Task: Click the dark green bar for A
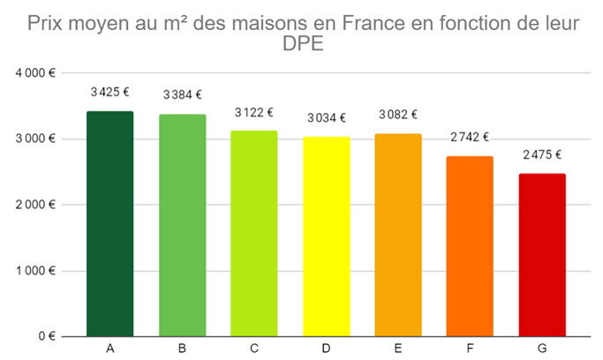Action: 110,224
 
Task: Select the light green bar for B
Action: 182,226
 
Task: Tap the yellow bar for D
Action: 326,236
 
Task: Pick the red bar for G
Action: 542,255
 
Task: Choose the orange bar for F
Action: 470,246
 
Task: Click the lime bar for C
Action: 254,234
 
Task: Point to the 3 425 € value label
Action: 110,91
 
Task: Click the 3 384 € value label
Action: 182,94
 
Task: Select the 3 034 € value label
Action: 326,117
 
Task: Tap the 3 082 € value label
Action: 398,114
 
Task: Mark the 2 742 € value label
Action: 470,137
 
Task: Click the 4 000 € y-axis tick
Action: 36,73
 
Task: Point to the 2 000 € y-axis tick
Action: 36,205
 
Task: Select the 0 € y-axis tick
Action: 46,336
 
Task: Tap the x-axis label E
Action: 398,349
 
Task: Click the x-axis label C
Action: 254,349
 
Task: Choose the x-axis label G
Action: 542,349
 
